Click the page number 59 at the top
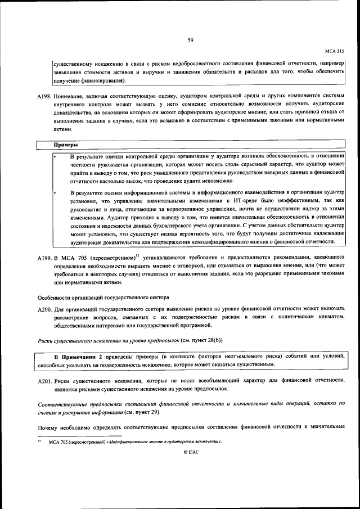[191, 39]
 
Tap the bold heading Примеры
[66, 145]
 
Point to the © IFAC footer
[191, 452]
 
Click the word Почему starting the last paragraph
[48, 428]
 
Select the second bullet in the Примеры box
[55, 192]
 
